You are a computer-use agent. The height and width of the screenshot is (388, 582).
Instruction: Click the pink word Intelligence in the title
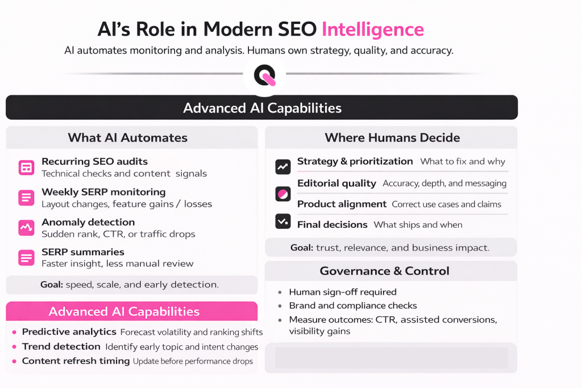point(373,29)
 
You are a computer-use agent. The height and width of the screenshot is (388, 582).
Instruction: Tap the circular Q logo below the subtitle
point(264,75)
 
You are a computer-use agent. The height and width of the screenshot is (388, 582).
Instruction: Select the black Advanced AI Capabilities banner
point(262,107)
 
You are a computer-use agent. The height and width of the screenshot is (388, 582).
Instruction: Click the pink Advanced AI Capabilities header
point(124,311)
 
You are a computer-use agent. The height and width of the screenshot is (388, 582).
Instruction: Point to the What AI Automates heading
point(127,137)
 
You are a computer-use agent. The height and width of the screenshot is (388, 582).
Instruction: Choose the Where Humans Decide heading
point(392,137)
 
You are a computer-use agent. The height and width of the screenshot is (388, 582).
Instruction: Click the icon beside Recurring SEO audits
point(26,167)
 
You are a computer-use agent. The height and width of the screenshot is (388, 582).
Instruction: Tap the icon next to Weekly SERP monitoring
point(26,197)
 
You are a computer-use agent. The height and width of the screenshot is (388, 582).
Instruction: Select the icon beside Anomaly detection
point(26,227)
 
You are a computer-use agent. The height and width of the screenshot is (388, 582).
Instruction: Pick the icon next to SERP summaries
point(26,257)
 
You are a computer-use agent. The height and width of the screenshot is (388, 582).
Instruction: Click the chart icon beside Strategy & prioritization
point(282,166)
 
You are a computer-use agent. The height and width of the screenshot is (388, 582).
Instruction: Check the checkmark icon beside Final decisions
point(282,221)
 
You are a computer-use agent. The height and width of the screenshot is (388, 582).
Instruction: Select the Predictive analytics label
point(69,332)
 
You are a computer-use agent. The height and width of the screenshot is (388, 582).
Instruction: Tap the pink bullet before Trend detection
point(14,347)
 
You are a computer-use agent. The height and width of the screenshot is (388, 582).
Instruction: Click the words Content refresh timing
point(76,361)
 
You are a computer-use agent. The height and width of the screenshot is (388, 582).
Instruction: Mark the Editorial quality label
point(336,183)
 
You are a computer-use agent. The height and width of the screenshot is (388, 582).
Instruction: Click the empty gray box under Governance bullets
point(391,357)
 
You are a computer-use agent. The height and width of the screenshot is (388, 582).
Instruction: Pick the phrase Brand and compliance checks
point(352,306)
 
